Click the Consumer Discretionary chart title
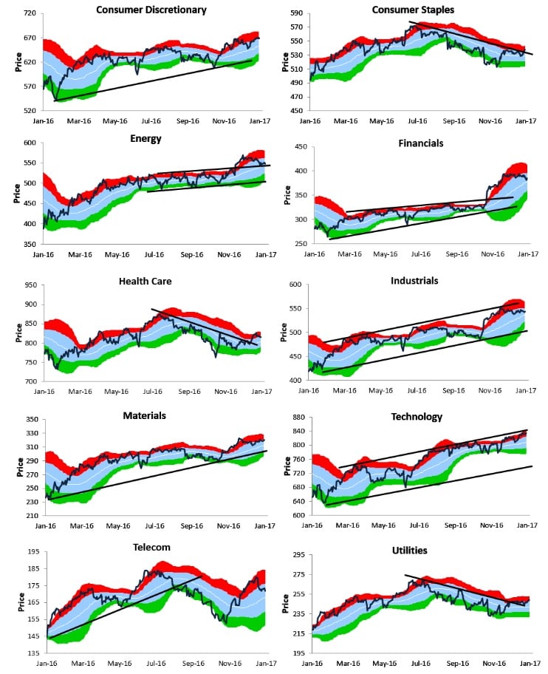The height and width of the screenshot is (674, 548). [151, 10]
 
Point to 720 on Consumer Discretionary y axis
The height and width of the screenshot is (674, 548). [30, 14]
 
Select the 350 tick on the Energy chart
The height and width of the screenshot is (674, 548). [30, 244]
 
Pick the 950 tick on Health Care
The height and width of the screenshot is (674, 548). [30, 285]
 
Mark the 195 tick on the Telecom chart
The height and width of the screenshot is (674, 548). [30, 551]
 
